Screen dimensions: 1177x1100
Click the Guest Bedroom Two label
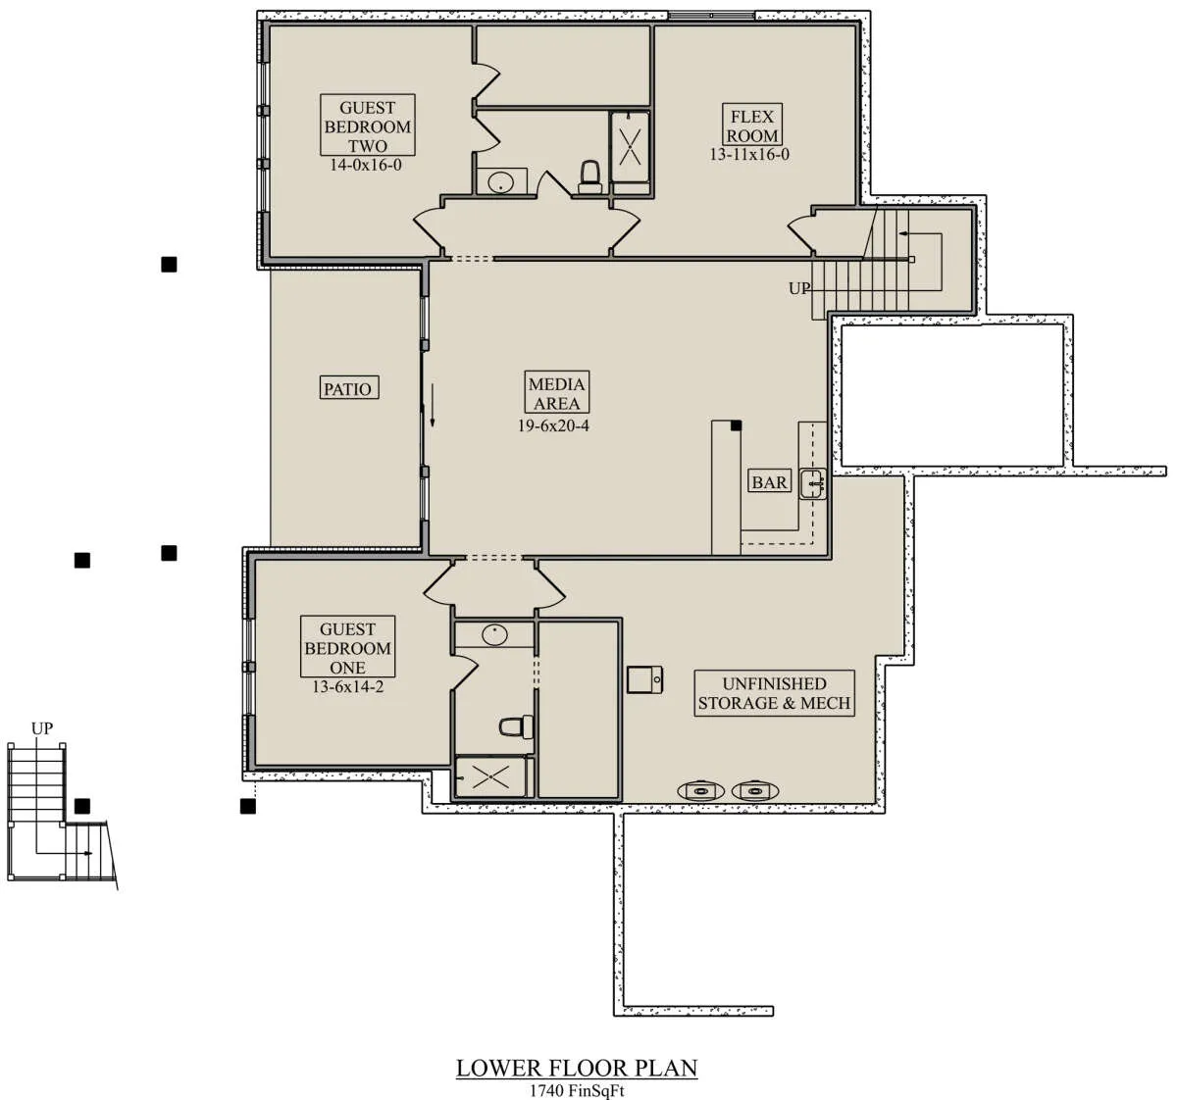pos(367,125)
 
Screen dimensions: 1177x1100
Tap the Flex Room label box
pos(751,125)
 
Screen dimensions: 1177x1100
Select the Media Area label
pos(556,392)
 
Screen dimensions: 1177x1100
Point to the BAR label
pos(769,480)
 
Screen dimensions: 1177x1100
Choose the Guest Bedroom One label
pos(347,647)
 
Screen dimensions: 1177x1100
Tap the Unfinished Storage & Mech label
pos(774,693)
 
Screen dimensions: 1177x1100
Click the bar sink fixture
pos(812,483)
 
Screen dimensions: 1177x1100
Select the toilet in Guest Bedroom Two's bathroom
pos(589,177)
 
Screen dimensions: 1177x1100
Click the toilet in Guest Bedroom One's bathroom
pos(517,726)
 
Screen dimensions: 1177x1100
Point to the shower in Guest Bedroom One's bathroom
pos(491,776)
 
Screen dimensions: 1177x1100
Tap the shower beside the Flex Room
pos(630,147)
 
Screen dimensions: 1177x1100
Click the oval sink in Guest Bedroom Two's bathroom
pos(501,180)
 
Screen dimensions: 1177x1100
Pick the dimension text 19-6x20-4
pos(553,425)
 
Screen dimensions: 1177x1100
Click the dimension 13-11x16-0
pos(749,154)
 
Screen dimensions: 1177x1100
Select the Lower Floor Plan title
pos(577,1068)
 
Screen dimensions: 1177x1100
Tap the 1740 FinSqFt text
pos(577,1090)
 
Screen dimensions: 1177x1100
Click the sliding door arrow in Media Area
pos(433,405)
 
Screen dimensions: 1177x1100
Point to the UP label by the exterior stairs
pos(42,728)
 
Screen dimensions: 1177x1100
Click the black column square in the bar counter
pos(736,425)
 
